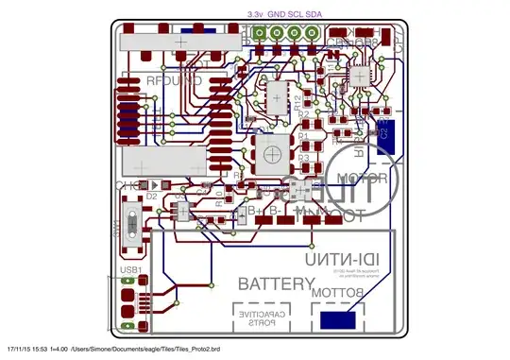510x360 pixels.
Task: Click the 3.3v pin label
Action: pyautogui.click(x=255, y=15)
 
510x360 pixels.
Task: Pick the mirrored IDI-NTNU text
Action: pyautogui.click(x=343, y=258)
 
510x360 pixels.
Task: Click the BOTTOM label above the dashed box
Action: pyautogui.click(x=337, y=294)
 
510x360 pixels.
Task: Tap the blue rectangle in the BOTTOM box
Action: pyautogui.click(x=337, y=320)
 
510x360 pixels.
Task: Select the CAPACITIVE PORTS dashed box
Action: pyautogui.click(x=261, y=318)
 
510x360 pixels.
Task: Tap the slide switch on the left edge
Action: pyautogui.click(x=133, y=228)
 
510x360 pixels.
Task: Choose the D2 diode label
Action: pyautogui.click(x=150, y=197)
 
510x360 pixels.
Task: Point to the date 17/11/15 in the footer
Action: pyautogui.click(x=21, y=351)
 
